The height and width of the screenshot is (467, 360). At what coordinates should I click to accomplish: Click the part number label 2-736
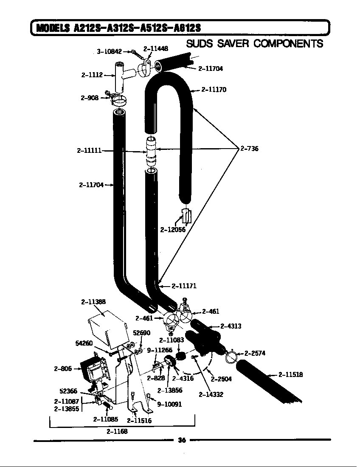coord(249,149)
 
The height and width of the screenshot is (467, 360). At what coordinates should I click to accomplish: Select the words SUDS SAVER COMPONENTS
coord(254,44)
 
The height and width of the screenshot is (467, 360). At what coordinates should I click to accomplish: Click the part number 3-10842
coord(109,51)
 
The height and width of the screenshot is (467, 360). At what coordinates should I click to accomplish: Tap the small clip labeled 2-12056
coord(186,216)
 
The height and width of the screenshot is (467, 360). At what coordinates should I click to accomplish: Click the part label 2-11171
coord(184,286)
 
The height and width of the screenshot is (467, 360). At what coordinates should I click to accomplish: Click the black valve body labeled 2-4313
coord(204,338)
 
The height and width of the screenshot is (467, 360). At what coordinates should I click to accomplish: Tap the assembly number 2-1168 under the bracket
coord(117,431)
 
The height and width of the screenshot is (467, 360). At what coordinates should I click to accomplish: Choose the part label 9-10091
coord(169,404)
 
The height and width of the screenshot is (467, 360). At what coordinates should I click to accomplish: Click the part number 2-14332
coord(211,394)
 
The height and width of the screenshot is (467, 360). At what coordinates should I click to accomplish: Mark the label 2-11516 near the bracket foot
coord(139,421)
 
